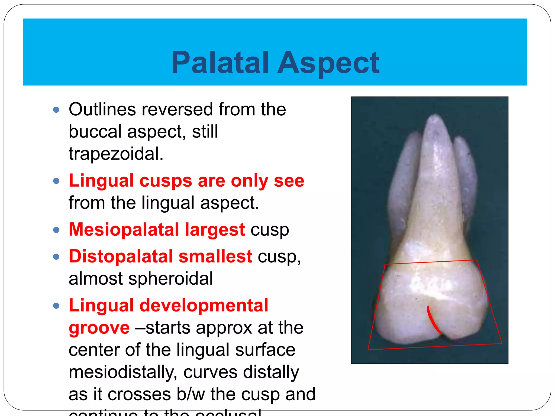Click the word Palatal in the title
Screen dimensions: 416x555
[220, 63]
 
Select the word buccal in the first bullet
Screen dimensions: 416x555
[95, 132]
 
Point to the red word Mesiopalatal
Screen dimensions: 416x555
[124, 229]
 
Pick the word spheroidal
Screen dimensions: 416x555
[170, 279]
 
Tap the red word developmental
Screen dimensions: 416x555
[204, 305]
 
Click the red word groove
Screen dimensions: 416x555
[99, 328]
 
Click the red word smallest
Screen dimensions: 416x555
[215, 256]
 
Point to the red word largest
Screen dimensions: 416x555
[215, 229]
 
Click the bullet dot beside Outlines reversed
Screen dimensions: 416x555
[56, 110]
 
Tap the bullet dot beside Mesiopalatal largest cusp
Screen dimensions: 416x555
[56, 230]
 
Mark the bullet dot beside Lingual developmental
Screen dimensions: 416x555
[56, 306]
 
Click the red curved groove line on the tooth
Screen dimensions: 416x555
[433, 321]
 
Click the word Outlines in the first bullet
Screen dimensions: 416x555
[102, 109]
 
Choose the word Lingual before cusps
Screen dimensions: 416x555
[101, 181]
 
